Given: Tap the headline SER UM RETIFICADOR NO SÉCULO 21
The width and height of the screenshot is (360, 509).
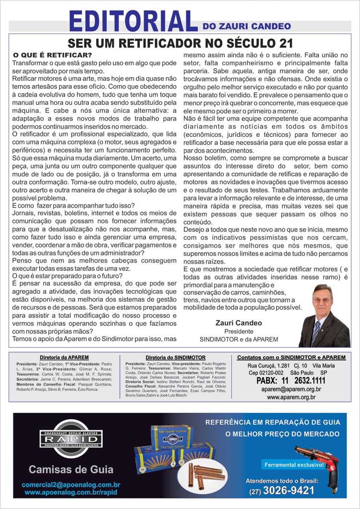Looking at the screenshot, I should pyautogui.click(x=180, y=43).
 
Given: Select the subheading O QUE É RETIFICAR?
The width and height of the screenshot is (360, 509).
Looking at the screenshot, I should pyautogui.click(x=53, y=55).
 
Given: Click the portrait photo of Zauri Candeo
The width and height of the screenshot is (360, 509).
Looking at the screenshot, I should pyautogui.click(x=324, y=315).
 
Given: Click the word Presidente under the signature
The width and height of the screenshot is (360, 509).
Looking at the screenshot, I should pyautogui.click(x=239, y=331).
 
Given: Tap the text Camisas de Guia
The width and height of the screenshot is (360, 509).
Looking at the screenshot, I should pyautogui.click(x=71, y=469).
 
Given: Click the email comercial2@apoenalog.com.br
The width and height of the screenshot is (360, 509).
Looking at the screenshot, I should pyautogui.click(x=71, y=485).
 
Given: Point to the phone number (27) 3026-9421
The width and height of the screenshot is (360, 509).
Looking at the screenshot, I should pyautogui.click(x=282, y=491).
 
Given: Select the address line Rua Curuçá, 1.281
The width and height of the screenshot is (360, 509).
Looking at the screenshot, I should pyautogui.click(x=264, y=366).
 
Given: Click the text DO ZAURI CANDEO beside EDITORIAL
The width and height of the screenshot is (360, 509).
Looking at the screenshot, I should pyautogui.click(x=247, y=26).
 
